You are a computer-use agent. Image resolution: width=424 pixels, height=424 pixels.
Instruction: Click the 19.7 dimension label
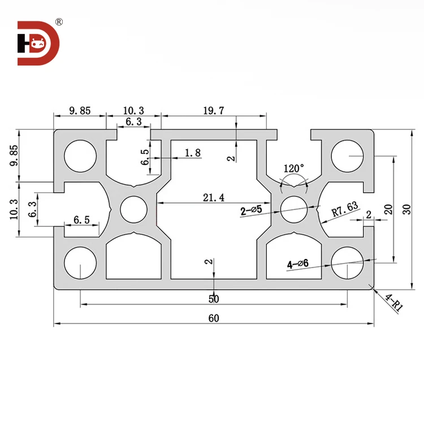tap(214, 111)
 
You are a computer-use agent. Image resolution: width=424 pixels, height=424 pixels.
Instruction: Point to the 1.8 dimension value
tap(192, 153)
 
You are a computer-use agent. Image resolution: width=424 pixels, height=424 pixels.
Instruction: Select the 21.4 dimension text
tap(213, 197)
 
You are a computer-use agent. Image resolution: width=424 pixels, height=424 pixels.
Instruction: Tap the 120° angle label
tap(294, 168)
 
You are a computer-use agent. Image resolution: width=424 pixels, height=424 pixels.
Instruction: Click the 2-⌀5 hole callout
tap(251, 210)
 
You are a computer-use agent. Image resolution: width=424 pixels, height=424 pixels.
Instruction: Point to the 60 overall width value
tap(214, 318)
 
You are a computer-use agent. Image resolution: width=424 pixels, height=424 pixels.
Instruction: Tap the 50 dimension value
tap(214, 298)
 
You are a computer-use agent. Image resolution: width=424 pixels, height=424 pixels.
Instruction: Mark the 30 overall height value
tap(404, 209)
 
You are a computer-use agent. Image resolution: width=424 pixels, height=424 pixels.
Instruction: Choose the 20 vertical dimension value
tap(388, 209)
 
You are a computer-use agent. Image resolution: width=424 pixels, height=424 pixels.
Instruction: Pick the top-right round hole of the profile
tap(347, 155)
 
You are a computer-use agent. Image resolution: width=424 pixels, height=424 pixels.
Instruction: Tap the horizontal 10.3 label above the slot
tap(133, 111)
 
